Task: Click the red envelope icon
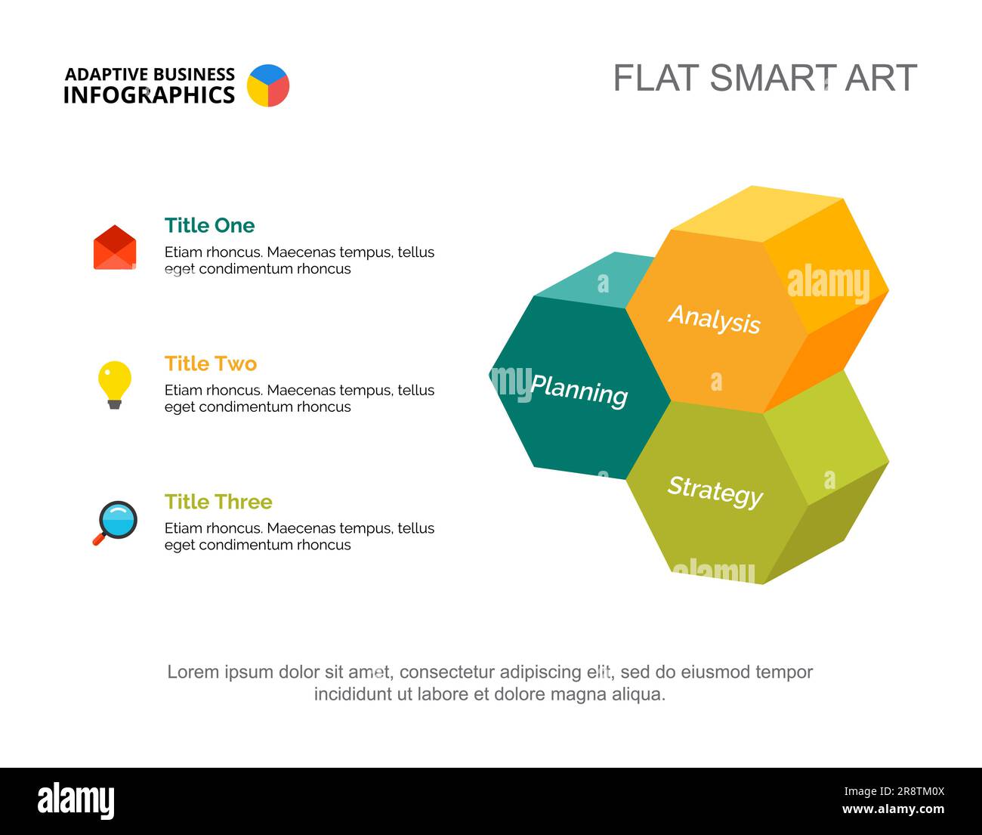pos(115,248)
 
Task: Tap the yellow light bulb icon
pos(115,384)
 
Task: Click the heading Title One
pos(209,225)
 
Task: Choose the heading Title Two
pos(211,363)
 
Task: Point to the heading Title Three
pos(218,502)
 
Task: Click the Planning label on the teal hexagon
pos(579,391)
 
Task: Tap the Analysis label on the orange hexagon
pos(715,319)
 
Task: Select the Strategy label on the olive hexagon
pos(715,491)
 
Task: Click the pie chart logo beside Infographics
pos(268,85)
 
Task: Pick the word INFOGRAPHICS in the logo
pos(149,95)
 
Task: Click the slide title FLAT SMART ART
pos(764,78)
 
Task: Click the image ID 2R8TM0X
pos(894,792)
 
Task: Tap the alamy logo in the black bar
pos(76,801)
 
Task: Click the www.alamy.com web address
pos(893,810)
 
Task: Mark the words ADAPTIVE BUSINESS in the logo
pos(150,74)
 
